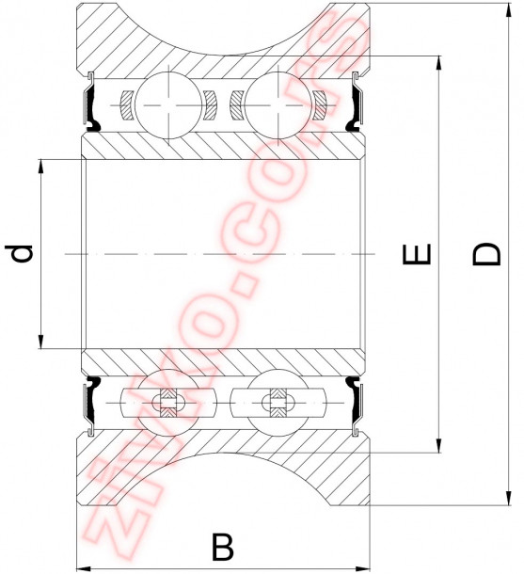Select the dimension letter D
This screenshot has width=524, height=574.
(x=485, y=254)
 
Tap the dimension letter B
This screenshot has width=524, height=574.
(x=222, y=547)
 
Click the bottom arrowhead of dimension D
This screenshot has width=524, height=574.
(x=508, y=498)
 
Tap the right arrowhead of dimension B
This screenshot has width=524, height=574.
(x=365, y=567)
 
